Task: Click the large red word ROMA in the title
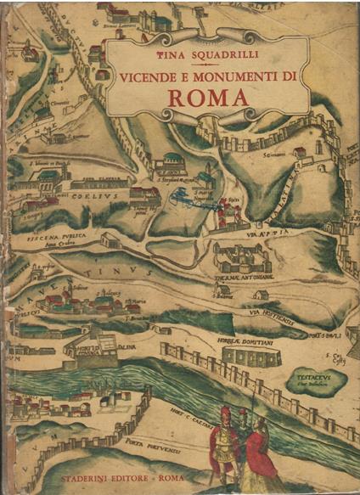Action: [x=208, y=95]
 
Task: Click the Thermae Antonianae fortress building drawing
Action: [x=242, y=255]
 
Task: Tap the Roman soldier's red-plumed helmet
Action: [x=225, y=412]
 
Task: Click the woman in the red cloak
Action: [x=262, y=450]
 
